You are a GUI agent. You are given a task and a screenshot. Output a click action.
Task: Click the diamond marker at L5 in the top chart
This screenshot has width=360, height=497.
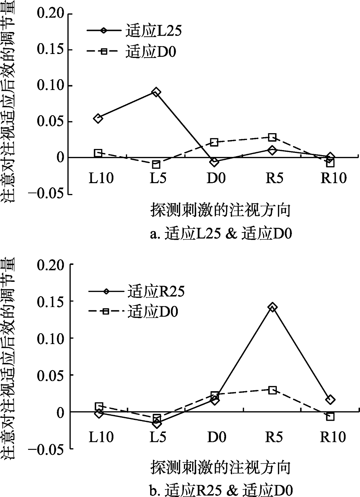pos(156,92)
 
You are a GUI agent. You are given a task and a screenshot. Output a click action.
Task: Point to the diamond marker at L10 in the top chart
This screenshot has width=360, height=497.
pos(98,118)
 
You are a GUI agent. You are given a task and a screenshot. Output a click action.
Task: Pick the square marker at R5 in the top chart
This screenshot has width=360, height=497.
pos(273,137)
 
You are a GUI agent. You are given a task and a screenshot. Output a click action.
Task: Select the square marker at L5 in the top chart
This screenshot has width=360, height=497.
pos(156,165)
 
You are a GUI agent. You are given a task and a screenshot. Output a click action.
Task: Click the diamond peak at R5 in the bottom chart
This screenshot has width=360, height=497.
pos(273,307)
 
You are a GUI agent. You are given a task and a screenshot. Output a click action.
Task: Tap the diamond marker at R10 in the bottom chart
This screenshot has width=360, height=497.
pos(330,399)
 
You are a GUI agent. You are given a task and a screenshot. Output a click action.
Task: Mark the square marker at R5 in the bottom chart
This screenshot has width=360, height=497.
pos(273,390)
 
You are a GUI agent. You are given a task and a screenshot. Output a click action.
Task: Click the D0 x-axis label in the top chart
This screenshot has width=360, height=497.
pos(216,178)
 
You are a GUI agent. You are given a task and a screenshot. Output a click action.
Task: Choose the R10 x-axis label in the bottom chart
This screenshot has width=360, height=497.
pos(333,437)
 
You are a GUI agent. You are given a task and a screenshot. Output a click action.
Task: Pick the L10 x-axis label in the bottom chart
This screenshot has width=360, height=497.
pos(101,437)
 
